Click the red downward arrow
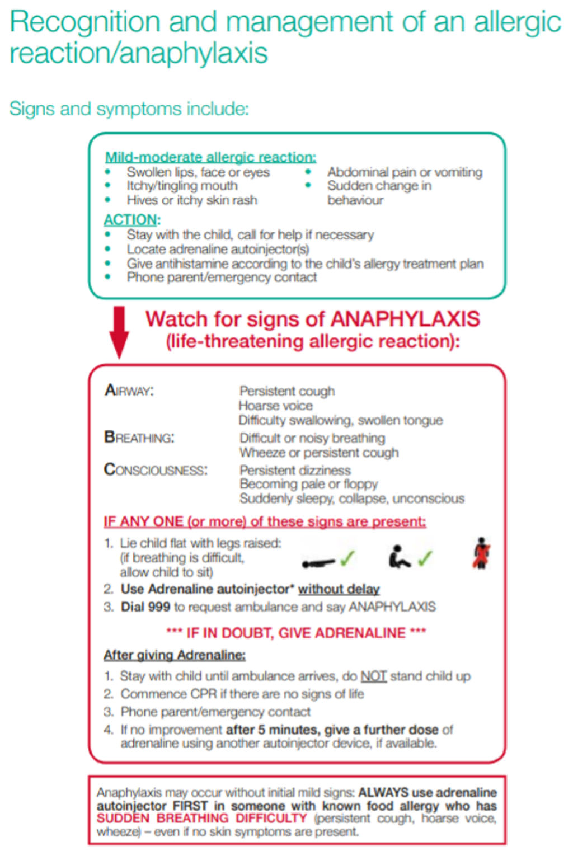pos(119,331)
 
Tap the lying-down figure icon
pos(318,562)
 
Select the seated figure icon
pos(398,557)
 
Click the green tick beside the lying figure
pos(347,558)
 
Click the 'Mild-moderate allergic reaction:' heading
pos(210,157)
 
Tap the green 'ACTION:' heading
pos(132,220)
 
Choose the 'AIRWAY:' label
pos(129,390)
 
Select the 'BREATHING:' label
pos(139,437)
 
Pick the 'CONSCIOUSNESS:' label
pos(156,469)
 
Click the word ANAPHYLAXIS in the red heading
pos(405,319)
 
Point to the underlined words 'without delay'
pos(339,589)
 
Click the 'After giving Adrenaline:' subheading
pos(175,655)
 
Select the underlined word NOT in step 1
pos(373,676)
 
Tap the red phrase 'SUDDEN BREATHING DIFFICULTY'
pos(202,818)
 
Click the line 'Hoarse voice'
pos(275,406)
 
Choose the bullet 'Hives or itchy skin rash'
pos(192,200)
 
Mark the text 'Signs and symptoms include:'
pos(129,109)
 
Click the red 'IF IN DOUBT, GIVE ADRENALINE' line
pos(296,633)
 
